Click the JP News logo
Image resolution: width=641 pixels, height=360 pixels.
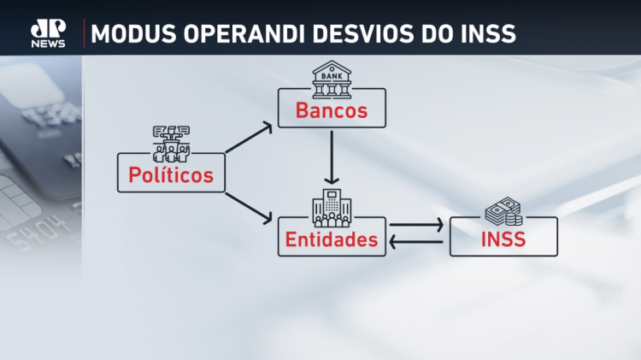tap(48, 33)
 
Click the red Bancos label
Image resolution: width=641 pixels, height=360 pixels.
tap(332, 110)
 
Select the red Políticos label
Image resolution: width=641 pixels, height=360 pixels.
tap(171, 174)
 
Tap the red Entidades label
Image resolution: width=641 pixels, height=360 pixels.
tap(332, 239)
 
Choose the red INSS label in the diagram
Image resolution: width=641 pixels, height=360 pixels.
tap(503, 239)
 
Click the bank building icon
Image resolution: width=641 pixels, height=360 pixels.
tap(332, 80)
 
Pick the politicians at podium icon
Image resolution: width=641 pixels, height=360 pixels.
tap(171, 144)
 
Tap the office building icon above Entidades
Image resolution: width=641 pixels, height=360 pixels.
tap(332, 208)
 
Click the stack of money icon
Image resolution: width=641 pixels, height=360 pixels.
tap(503, 211)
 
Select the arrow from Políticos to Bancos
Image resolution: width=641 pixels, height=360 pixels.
tap(249, 138)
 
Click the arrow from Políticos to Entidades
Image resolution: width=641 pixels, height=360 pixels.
tap(249, 209)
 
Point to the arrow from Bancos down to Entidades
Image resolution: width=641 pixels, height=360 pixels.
tap(332, 157)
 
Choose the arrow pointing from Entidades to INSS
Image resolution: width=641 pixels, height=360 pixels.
tap(416, 225)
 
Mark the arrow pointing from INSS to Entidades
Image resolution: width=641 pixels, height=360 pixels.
tap(416, 242)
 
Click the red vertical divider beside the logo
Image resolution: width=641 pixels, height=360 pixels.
tap(85, 33)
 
